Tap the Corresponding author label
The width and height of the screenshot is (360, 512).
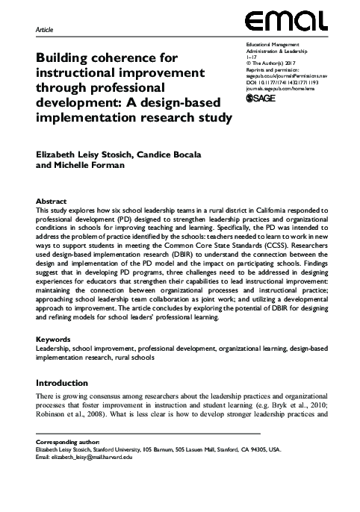click(x=67, y=443)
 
